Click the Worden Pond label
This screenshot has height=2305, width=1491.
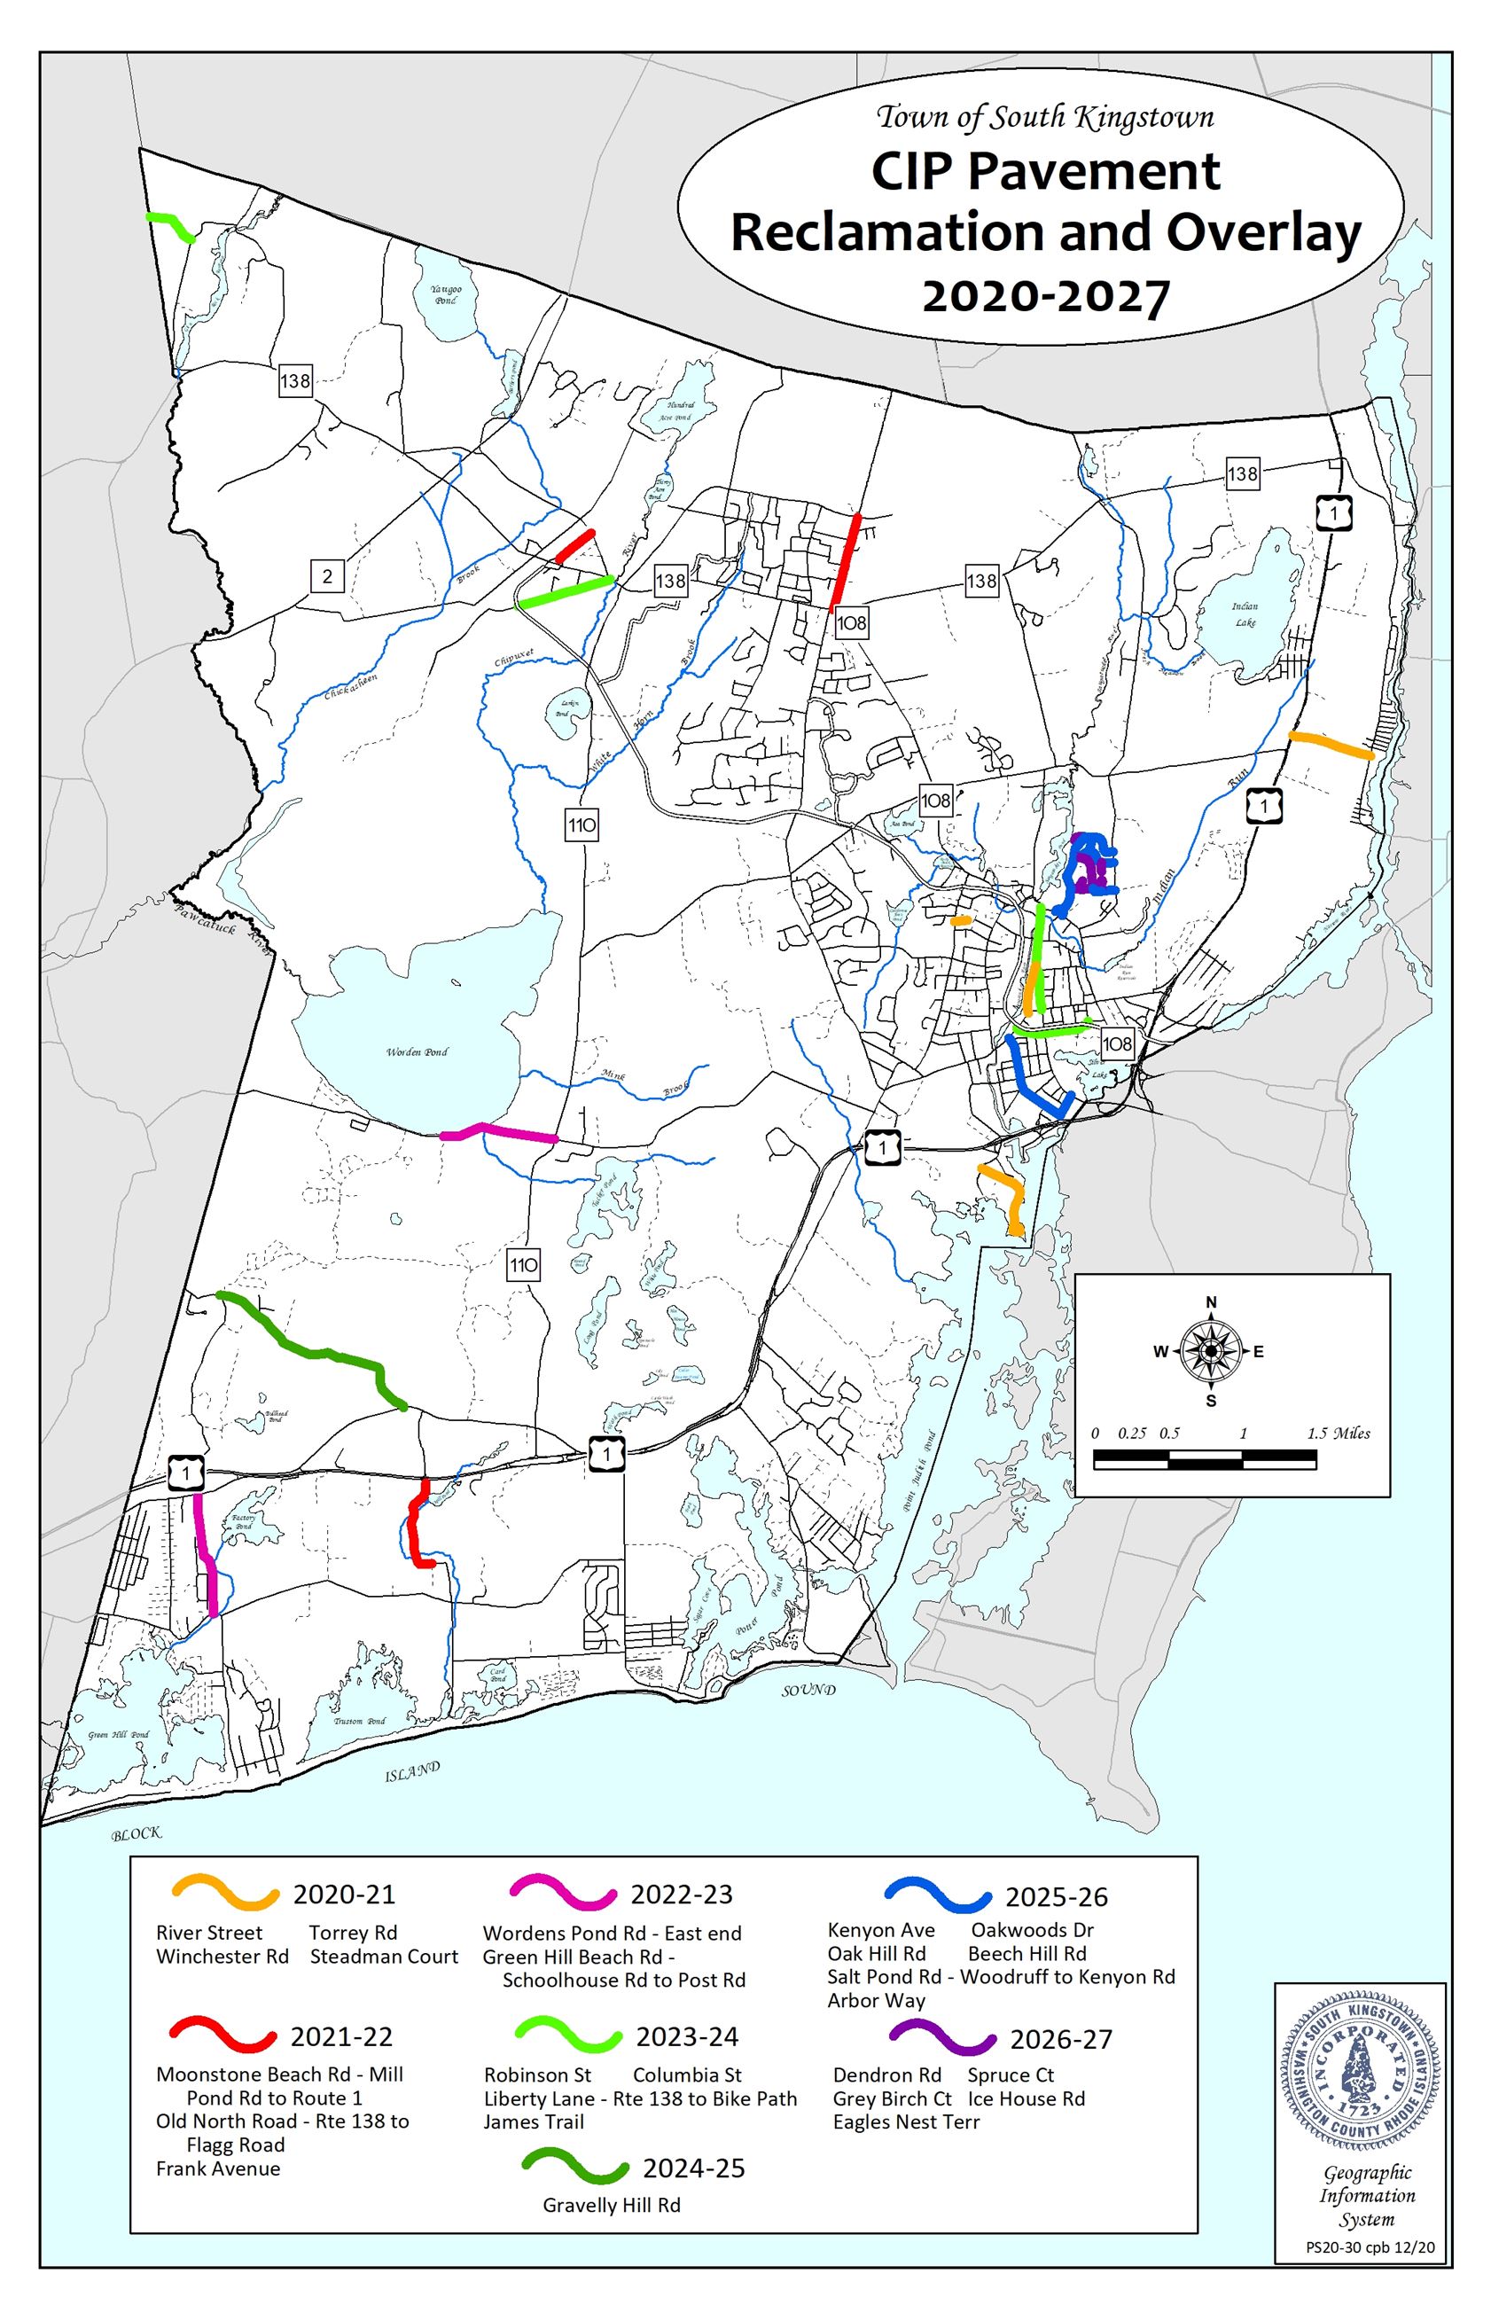click(x=418, y=1051)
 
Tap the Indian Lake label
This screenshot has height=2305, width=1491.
click(x=1245, y=613)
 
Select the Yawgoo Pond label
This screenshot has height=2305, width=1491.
click(x=447, y=294)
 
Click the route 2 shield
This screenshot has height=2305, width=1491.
click(x=327, y=577)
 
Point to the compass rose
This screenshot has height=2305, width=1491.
click(x=1210, y=1350)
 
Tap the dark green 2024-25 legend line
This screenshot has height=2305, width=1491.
click(x=575, y=2168)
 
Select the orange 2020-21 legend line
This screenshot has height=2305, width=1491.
click(x=225, y=1894)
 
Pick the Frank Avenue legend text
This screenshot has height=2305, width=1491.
click(x=218, y=2168)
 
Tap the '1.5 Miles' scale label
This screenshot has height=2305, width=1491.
click(x=1338, y=1433)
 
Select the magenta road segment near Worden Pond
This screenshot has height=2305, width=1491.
click(x=498, y=1133)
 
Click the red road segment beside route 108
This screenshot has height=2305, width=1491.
click(x=845, y=561)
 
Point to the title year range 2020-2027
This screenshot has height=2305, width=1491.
click(x=1046, y=296)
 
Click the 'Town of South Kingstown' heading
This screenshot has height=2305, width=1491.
click(x=1044, y=118)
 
